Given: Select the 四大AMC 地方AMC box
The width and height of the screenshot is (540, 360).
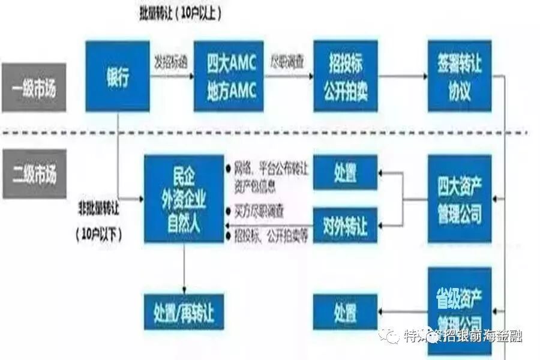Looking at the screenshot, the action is (x=231, y=77).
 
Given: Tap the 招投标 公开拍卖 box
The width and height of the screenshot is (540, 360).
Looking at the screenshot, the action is (x=345, y=76).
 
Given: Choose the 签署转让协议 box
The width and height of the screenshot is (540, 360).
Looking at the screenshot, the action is (x=459, y=77).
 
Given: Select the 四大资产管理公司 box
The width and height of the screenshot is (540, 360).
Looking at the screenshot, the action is (x=459, y=198).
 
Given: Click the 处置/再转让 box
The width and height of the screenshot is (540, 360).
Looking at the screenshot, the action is (x=184, y=311).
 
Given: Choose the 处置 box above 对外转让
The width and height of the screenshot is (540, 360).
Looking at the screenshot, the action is (x=345, y=173).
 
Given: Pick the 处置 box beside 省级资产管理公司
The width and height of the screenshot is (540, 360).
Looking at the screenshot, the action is (x=345, y=311).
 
